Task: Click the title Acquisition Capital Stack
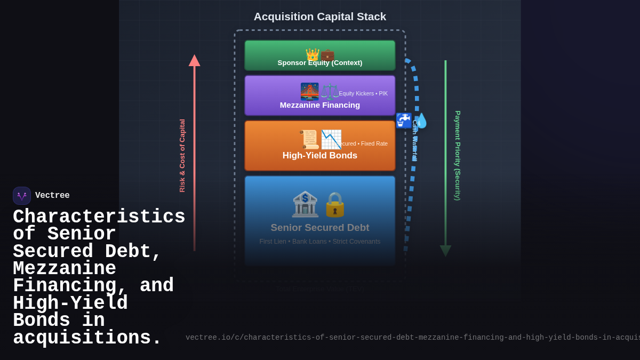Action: [x=319, y=17]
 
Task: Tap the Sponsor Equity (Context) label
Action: [x=319, y=63]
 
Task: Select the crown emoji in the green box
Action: [x=312, y=54]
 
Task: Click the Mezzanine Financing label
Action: [x=319, y=105]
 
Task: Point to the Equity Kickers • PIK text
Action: [x=363, y=94]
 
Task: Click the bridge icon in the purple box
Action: [x=309, y=91]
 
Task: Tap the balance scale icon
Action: [x=329, y=92]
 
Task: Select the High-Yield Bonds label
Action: [x=319, y=156]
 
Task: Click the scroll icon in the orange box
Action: [x=309, y=139]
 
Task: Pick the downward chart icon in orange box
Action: [x=331, y=139]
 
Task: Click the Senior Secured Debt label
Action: [x=319, y=228]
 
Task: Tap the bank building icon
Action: [x=305, y=204]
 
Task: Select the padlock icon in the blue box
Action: [x=335, y=204]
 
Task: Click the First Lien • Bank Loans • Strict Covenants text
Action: [x=319, y=242]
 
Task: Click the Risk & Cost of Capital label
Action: [x=182, y=156]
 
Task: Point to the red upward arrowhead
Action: [x=194, y=60]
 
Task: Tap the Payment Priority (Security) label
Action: [x=458, y=156]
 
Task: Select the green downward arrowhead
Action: [x=445, y=251]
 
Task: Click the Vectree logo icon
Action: [x=22, y=196]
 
